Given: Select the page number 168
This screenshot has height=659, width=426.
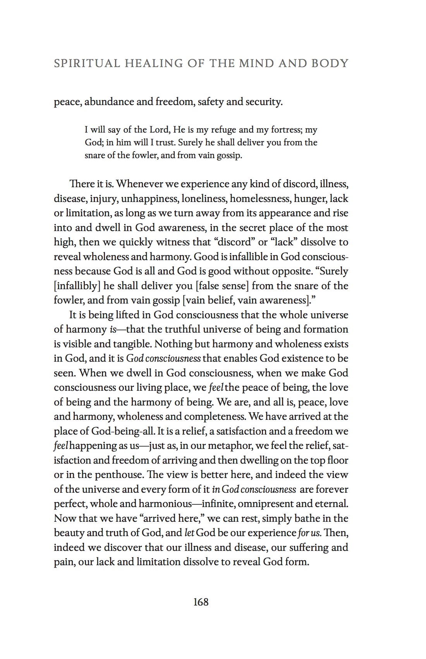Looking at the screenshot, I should [x=201, y=602].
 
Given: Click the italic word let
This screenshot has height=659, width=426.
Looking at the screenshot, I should [x=189, y=533].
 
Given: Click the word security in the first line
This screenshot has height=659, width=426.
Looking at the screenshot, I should [x=264, y=102].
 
